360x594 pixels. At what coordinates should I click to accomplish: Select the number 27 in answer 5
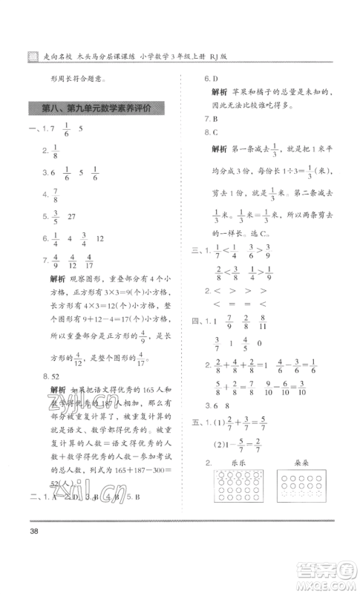click(x=73, y=218)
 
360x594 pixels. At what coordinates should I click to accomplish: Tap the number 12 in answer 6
click(x=100, y=239)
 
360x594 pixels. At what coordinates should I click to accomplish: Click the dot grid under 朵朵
click(x=305, y=490)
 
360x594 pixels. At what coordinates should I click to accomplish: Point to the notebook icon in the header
click(x=30, y=56)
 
